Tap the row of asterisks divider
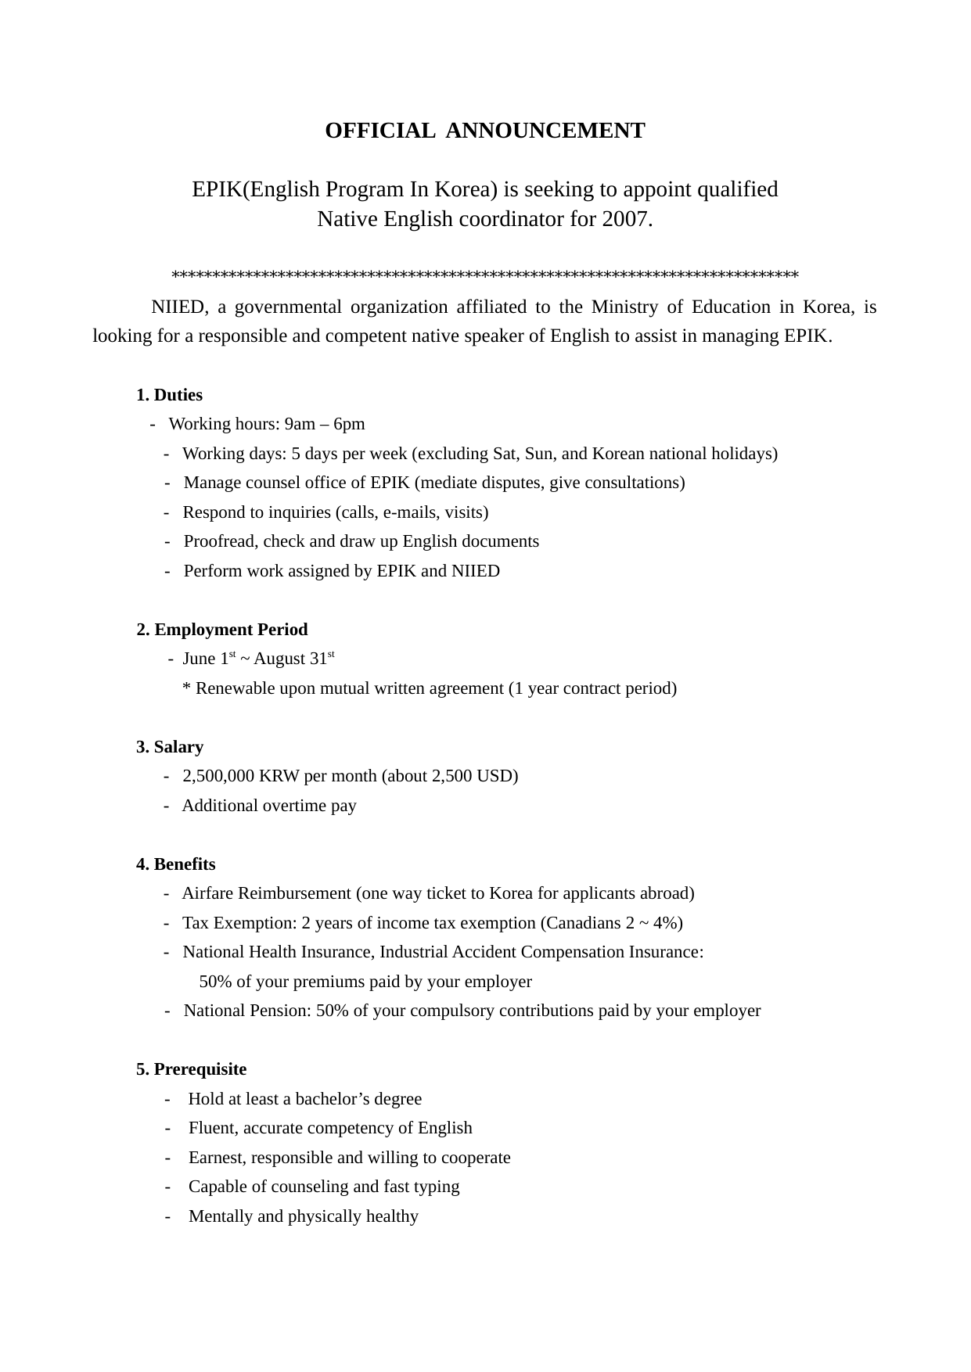point(485,275)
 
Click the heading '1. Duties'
point(169,395)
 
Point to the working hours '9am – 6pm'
point(325,424)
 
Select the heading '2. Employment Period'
point(222,630)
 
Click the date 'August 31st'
point(293,659)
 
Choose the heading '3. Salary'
point(170,747)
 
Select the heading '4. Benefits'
point(176,864)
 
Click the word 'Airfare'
point(207,893)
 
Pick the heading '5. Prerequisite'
point(191,1069)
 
